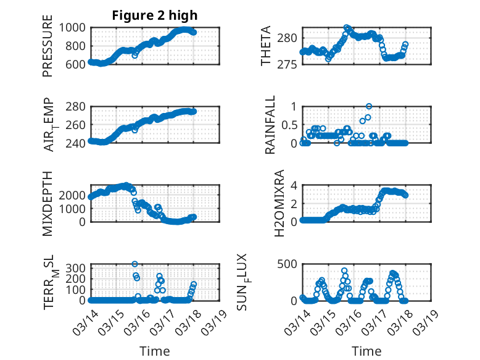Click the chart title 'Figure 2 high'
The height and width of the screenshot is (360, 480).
(155, 15)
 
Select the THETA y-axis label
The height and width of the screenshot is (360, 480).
(266, 46)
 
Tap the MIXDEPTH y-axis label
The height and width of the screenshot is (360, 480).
(48, 203)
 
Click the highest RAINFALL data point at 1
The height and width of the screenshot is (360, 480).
(369, 106)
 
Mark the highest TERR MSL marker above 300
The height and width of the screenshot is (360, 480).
(134, 264)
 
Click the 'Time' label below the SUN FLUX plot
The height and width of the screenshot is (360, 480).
(366, 351)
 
